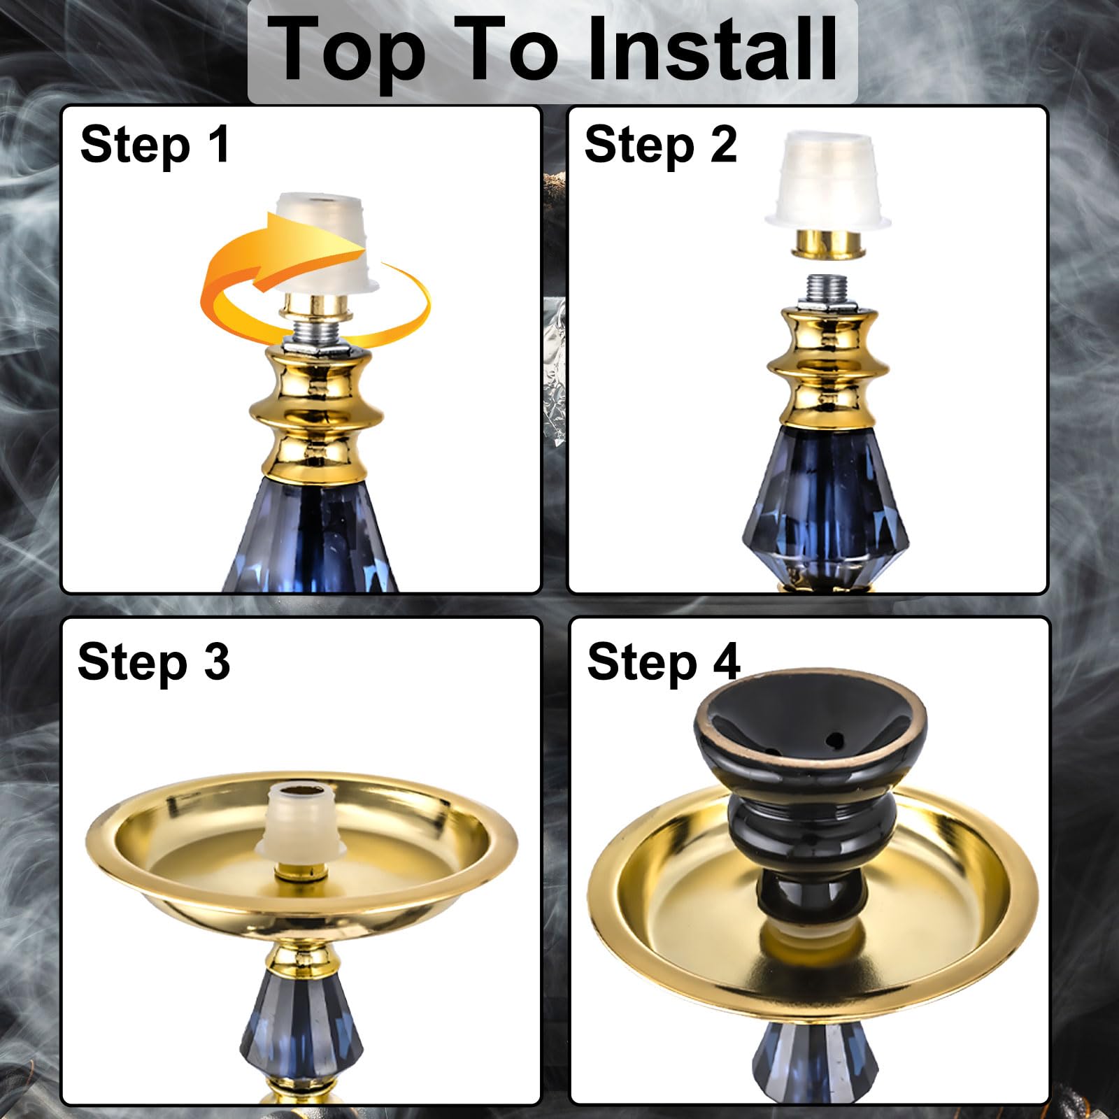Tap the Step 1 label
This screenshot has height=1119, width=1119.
point(155,145)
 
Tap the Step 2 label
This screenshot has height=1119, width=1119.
point(660,145)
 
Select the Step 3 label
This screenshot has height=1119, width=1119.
point(153,662)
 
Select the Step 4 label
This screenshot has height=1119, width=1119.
point(663,662)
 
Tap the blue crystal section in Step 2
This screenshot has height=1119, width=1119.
point(826,504)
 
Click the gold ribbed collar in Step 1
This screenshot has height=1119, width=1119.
point(317,413)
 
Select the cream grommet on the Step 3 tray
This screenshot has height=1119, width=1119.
point(301,818)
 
